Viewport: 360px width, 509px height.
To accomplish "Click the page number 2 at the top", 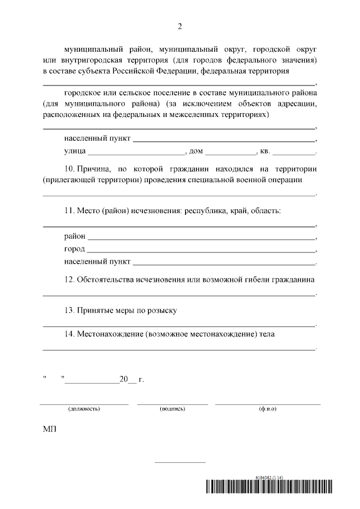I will pos(180,26).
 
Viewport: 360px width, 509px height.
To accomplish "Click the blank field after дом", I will pos(231,152).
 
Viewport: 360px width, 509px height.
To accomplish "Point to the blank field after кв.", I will pos(294,152).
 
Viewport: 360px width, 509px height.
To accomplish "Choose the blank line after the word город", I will pos(201,249).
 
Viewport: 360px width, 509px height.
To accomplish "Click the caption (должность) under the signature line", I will pos(84,409).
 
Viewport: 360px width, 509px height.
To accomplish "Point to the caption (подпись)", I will pos(172,409).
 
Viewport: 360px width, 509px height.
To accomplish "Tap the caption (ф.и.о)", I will pos(268,409).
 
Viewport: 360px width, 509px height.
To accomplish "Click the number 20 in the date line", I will pos(124,380).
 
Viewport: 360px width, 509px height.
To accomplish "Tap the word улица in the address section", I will pos(75,151).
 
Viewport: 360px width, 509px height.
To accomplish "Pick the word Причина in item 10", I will pos(96,168).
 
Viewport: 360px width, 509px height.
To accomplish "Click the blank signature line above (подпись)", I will pos(172,403).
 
